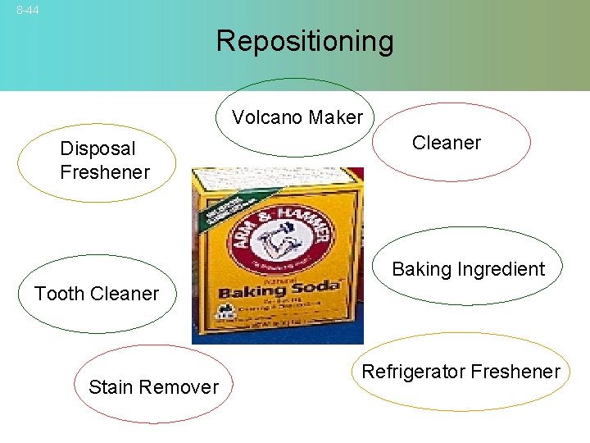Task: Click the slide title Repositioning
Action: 305,41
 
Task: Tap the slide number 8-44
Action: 27,10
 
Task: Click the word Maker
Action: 335,118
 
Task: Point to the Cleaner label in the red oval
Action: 446,143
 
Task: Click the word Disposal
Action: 98,148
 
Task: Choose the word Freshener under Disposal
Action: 105,172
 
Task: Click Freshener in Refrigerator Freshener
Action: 513,372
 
